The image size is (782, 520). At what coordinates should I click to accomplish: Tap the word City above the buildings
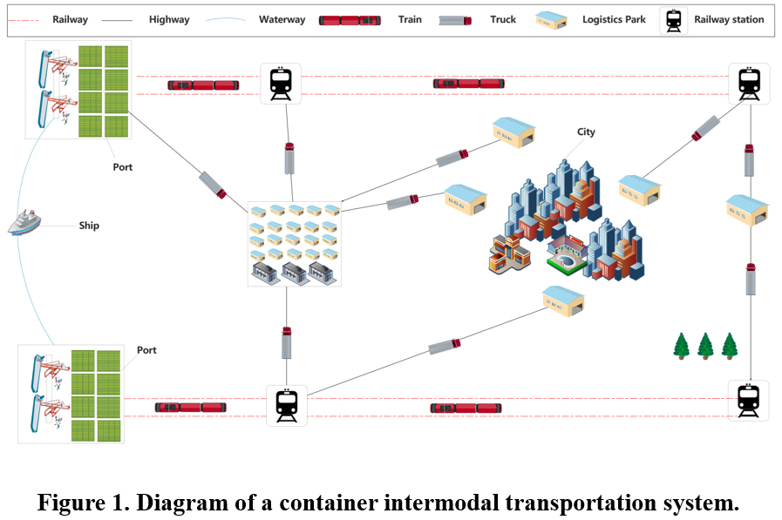pos(586,132)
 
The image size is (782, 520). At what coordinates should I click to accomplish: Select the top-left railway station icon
pos(281,84)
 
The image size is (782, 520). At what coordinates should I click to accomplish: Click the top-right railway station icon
pos(749,84)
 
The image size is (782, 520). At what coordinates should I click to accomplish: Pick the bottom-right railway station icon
pos(749,401)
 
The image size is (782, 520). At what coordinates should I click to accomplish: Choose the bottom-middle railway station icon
pos(287,405)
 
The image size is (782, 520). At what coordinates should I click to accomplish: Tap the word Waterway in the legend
pos(281,19)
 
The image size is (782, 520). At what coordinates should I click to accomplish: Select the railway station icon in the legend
pos(674,19)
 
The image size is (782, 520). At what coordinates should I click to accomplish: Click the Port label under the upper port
pos(123,166)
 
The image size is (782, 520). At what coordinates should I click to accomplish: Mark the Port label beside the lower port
pos(146,350)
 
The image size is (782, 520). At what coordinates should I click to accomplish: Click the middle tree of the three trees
pos(705,346)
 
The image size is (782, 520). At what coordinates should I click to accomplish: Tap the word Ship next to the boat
pos(89,226)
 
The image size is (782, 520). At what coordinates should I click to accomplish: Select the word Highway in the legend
pos(169,19)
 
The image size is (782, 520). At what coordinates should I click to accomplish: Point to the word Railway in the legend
pos(70,19)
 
